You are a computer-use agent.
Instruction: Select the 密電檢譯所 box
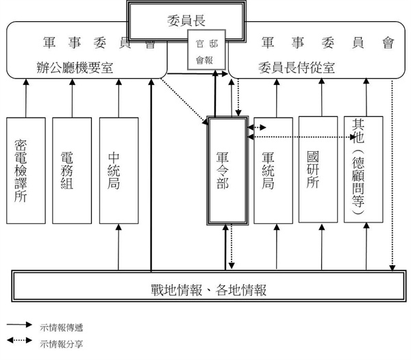coord(25,170)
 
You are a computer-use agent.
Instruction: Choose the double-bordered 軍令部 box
coord(227,170)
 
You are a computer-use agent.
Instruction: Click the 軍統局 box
coord(273,170)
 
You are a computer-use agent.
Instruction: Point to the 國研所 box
coord(318,169)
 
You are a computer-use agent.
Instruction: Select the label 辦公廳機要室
coord(75,67)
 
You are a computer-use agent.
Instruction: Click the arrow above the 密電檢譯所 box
coord(25,97)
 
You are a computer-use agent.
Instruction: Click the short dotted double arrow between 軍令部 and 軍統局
coord(258,128)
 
